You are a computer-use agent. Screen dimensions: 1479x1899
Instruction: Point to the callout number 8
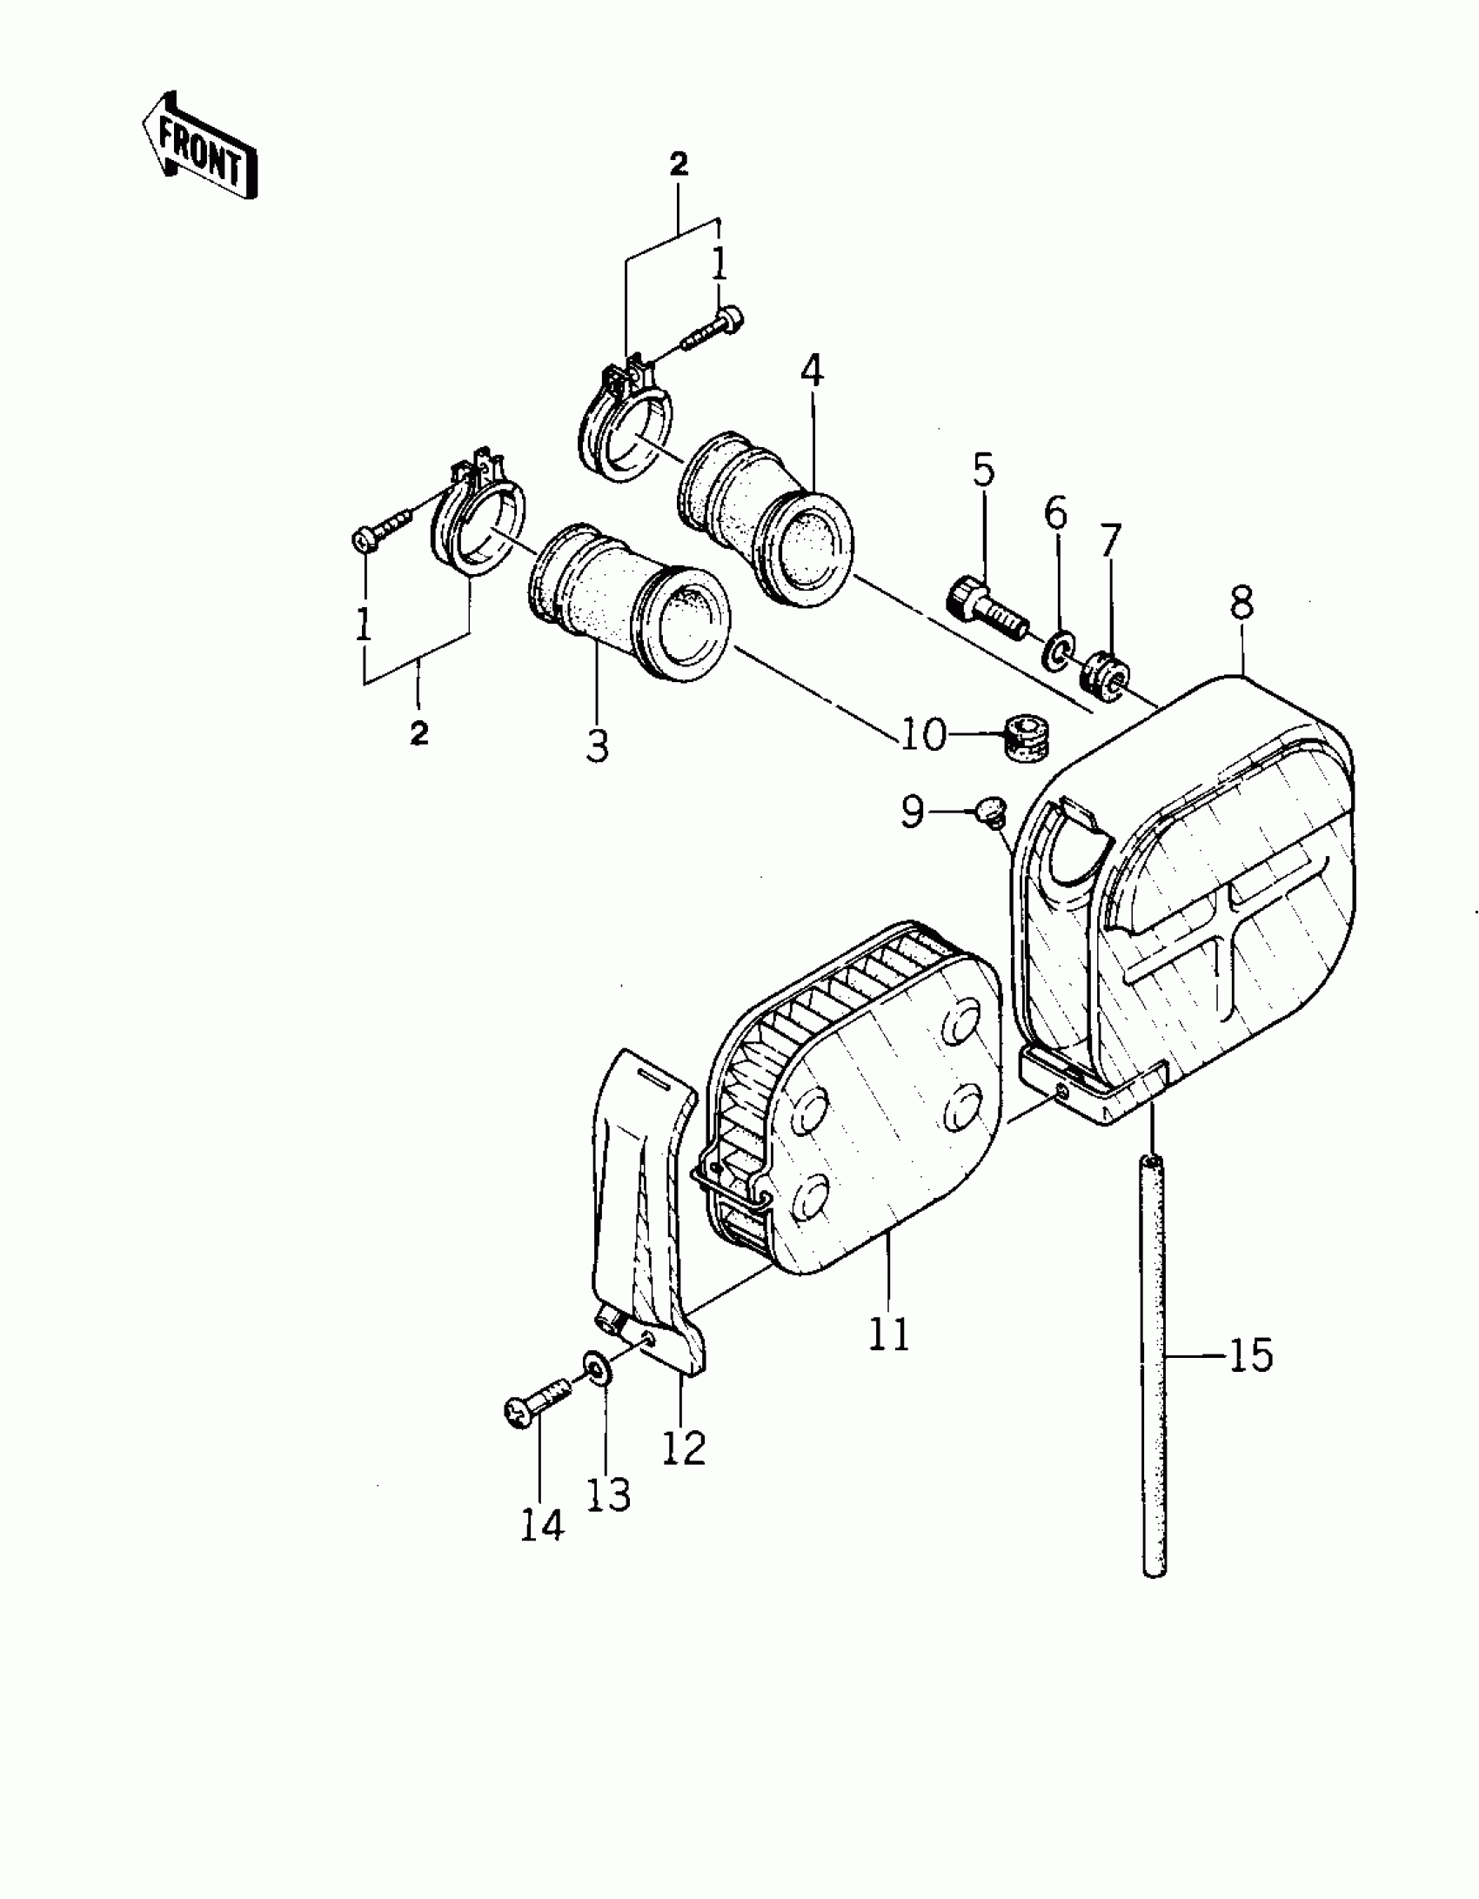[1241, 601]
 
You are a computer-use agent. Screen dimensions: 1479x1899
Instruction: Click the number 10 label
[922, 736]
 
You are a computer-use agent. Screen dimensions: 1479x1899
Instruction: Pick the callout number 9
[912, 812]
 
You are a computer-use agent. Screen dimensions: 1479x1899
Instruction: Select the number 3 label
[597, 746]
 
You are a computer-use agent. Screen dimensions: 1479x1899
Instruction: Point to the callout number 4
[811, 371]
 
